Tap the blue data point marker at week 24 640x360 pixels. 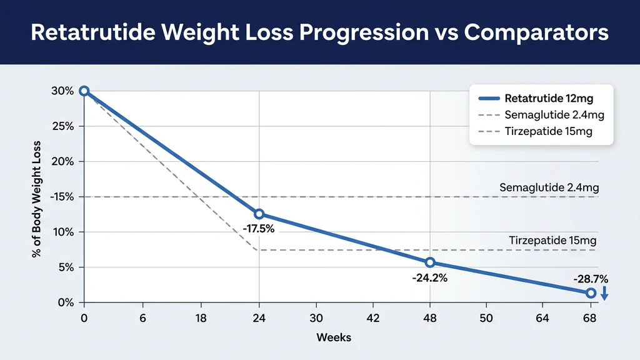259,214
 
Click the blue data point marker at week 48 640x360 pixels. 430,262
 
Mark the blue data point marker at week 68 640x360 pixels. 591,292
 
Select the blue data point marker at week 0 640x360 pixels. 84,91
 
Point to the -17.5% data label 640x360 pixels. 258,229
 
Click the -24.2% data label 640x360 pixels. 429,278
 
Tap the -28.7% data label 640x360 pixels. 590,279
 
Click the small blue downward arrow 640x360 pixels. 604,294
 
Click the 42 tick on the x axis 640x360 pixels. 372,318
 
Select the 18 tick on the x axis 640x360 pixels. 201,318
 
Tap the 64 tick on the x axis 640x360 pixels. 542,318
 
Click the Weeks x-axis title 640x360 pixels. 334,337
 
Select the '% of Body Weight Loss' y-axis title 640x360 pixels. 36,196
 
